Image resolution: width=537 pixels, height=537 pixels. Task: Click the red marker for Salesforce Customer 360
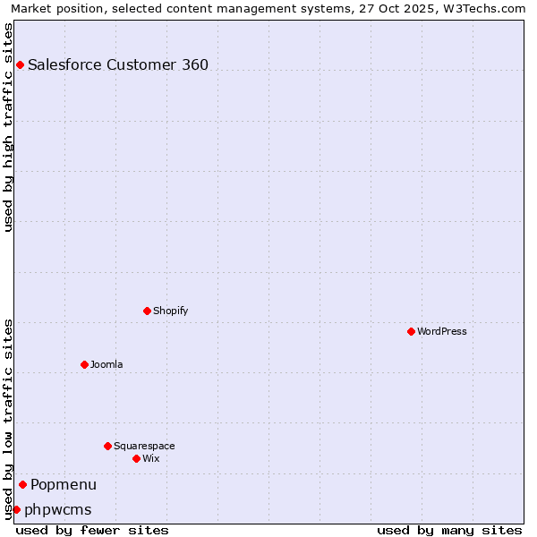pyautogui.click(x=20, y=64)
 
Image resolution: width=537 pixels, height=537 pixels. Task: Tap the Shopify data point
pyautogui.click(x=147, y=311)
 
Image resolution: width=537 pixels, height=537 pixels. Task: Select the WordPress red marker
pyautogui.click(x=411, y=331)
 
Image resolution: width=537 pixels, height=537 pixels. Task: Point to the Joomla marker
pyautogui.click(x=84, y=364)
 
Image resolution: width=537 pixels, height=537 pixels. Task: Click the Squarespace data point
pyautogui.click(x=107, y=446)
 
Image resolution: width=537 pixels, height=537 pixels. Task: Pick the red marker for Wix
pyautogui.click(x=136, y=458)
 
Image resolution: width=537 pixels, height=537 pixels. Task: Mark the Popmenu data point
pyautogui.click(x=22, y=484)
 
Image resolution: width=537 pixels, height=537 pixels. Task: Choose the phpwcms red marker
pyautogui.click(x=16, y=509)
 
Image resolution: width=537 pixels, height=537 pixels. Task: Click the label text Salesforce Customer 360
pyautogui.click(x=118, y=64)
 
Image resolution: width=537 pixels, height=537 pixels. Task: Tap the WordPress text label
pyautogui.click(x=442, y=331)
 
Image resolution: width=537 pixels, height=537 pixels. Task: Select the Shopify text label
pyautogui.click(x=170, y=311)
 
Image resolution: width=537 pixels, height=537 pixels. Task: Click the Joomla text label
pyautogui.click(x=107, y=364)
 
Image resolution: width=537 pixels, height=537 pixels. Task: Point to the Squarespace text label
pyautogui.click(x=144, y=446)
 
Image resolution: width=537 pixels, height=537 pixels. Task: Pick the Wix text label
pyautogui.click(x=150, y=458)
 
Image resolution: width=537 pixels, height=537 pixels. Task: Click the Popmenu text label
pyautogui.click(x=64, y=484)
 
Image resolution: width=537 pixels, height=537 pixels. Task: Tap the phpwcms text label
pyautogui.click(x=58, y=509)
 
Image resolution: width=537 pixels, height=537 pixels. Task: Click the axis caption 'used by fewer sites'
pyautogui.click(x=92, y=530)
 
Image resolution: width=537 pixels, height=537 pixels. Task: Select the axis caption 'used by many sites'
pyautogui.click(x=449, y=530)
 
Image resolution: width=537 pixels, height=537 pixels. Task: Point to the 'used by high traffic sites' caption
pyautogui.click(x=9, y=127)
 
